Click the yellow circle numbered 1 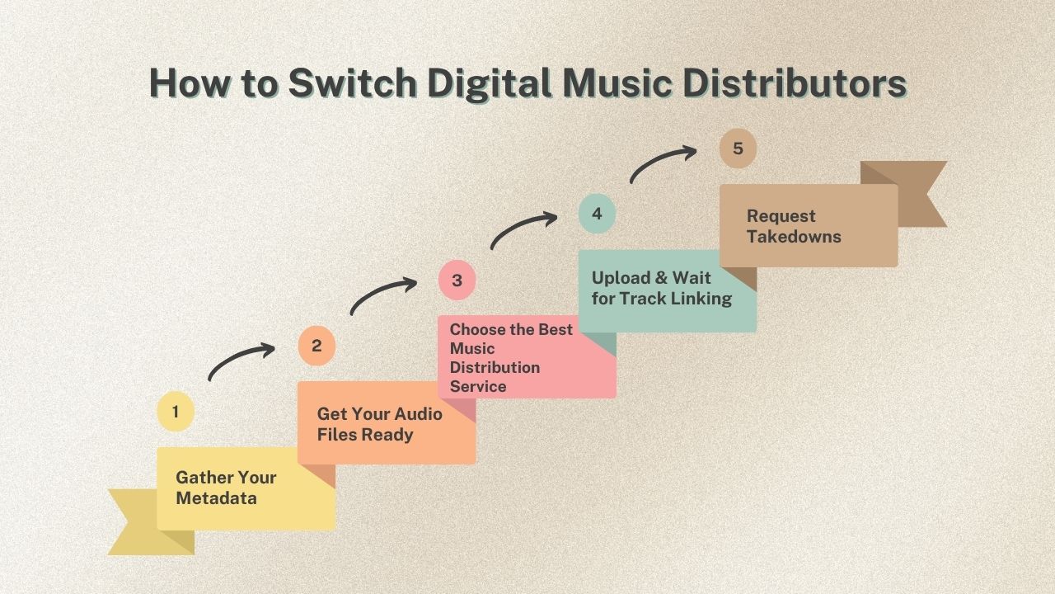click(176, 412)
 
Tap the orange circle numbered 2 click(316, 346)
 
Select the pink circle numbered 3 click(457, 280)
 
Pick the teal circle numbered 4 click(597, 214)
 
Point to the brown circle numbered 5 click(738, 148)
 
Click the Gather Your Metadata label click(226, 488)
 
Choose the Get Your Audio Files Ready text click(379, 424)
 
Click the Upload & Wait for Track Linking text click(661, 288)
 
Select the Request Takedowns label click(794, 226)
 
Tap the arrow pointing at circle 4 click(523, 229)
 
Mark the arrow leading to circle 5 click(663, 163)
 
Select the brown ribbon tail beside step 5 click(919, 194)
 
